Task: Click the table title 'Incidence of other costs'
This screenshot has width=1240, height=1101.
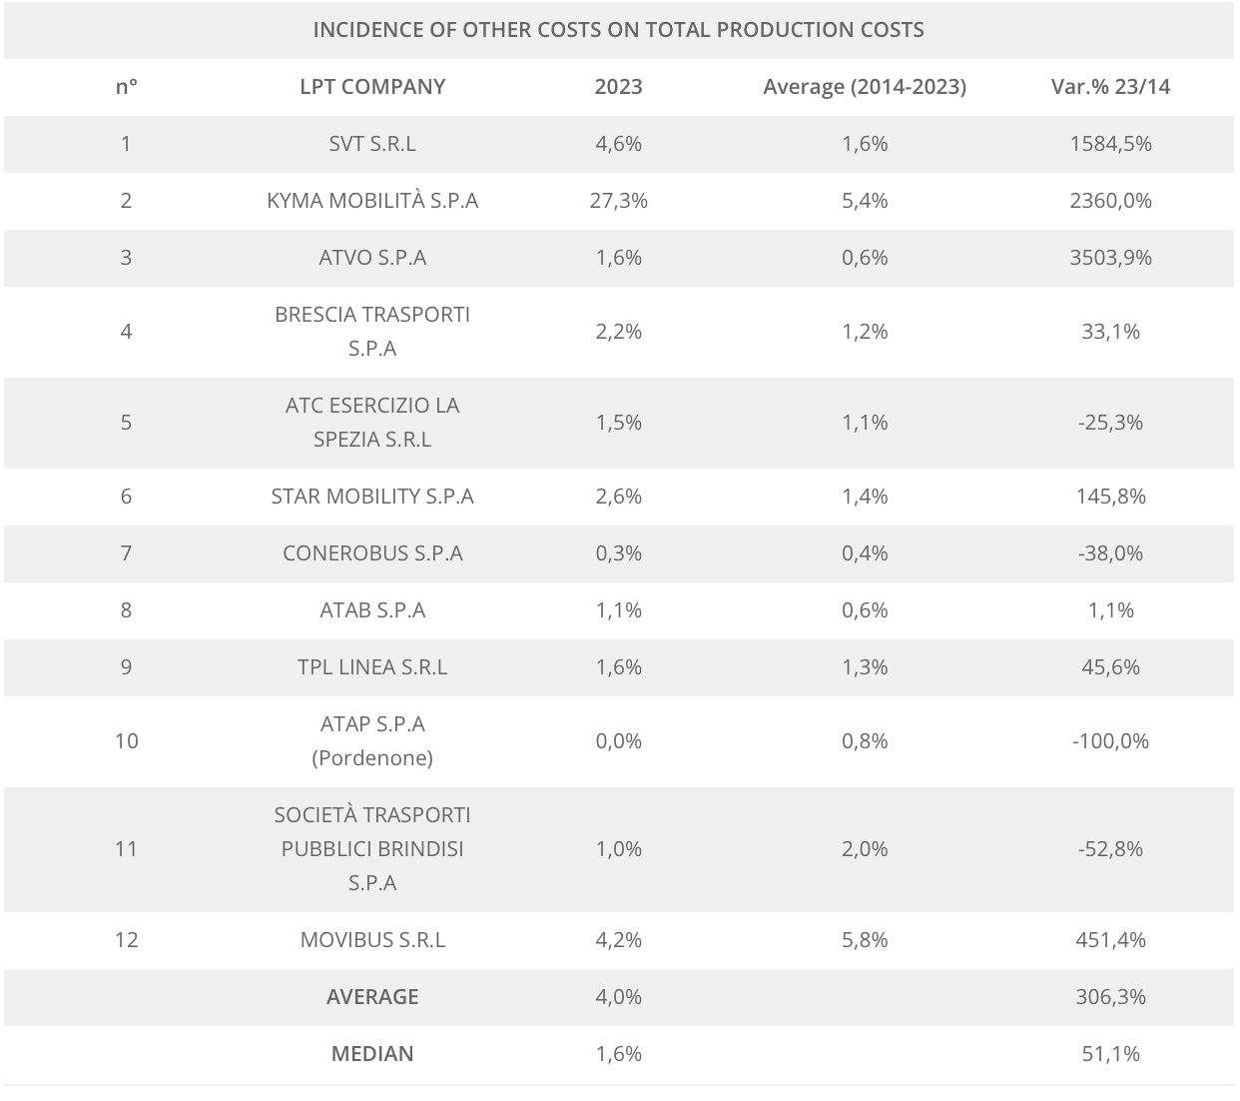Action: click(618, 30)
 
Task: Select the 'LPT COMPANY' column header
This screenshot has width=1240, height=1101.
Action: click(372, 87)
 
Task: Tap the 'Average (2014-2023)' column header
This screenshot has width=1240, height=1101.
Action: click(865, 87)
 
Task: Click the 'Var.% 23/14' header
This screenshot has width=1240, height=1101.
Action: click(1110, 87)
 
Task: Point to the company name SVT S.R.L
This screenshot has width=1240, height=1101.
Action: click(372, 144)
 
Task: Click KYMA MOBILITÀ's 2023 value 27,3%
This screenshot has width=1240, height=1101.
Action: click(619, 201)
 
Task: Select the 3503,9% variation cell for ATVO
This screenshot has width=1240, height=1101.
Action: click(1110, 258)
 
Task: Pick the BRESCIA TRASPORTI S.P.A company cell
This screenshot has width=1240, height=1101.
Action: click(372, 332)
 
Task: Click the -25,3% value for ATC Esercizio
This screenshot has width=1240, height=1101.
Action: click(1110, 423)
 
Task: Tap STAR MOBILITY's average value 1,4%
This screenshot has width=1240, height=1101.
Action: click(865, 497)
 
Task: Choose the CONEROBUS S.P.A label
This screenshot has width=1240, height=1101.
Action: click(372, 553)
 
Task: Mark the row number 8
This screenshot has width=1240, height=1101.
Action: click(126, 610)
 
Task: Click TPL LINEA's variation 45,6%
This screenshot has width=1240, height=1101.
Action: click(1110, 667)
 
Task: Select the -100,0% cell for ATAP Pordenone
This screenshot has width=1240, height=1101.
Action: click(1110, 741)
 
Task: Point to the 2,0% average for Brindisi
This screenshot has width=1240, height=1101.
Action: click(865, 849)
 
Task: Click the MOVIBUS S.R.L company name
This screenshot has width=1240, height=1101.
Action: click(372, 940)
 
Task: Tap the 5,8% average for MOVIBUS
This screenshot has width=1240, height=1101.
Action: click(865, 940)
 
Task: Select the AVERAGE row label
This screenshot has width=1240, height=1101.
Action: click(372, 997)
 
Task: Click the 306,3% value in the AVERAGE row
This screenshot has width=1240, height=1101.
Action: click(1110, 997)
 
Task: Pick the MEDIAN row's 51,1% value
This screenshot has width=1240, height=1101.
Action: click(1110, 1054)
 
